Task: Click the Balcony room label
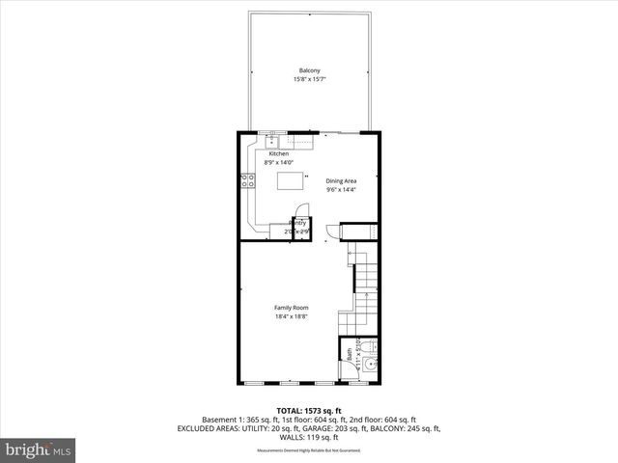click(309, 70)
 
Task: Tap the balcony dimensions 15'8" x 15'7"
click(309, 79)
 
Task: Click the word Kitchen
click(278, 154)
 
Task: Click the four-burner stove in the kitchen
click(247, 179)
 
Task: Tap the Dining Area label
click(341, 181)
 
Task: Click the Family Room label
click(291, 308)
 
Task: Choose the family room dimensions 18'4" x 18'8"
click(291, 316)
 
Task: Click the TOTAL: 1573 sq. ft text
click(309, 410)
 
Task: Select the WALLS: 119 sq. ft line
click(309, 437)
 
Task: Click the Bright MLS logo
click(39, 449)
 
